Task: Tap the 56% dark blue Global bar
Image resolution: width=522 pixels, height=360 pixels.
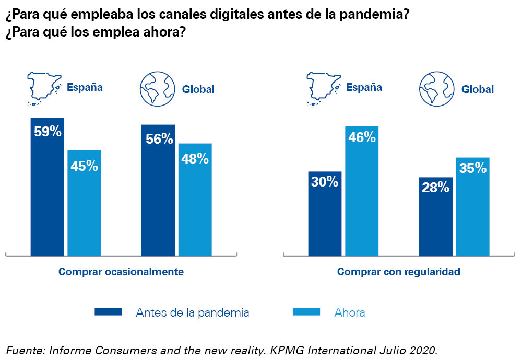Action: [158, 190]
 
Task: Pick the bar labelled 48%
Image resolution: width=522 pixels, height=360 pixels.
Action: [195, 199]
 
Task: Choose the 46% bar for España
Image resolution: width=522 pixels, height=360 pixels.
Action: [362, 191]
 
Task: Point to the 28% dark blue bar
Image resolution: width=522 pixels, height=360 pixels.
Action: [435, 216]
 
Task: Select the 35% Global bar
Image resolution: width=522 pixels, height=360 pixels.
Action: [472, 206]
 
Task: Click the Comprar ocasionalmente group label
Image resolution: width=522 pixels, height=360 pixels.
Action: [121, 272]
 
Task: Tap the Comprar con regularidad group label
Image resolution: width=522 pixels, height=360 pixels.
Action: [399, 272]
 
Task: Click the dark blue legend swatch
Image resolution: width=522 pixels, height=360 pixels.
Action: [108, 312]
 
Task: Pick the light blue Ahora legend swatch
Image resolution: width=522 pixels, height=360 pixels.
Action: [306, 312]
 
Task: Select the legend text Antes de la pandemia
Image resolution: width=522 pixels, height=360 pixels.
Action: [192, 312]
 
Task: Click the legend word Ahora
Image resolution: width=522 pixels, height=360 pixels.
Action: [350, 312]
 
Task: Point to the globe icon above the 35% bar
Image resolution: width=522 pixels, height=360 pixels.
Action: [435, 89]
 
